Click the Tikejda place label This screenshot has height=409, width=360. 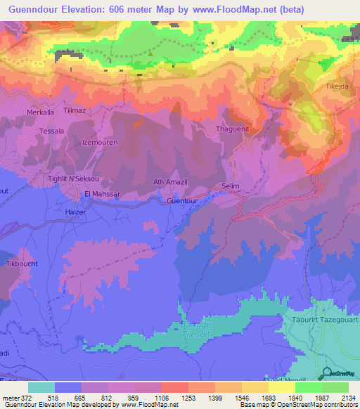tap(337, 86)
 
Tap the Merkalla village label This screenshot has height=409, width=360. tap(40, 112)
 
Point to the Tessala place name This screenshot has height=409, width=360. tap(51, 131)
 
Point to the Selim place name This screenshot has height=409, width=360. tap(231, 186)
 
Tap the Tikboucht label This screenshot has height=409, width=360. tap(22, 264)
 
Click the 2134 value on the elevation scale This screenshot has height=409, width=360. tap(347, 398)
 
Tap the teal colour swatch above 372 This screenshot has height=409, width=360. tap(41, 387)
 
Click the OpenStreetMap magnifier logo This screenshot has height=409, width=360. tap(327, 373)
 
